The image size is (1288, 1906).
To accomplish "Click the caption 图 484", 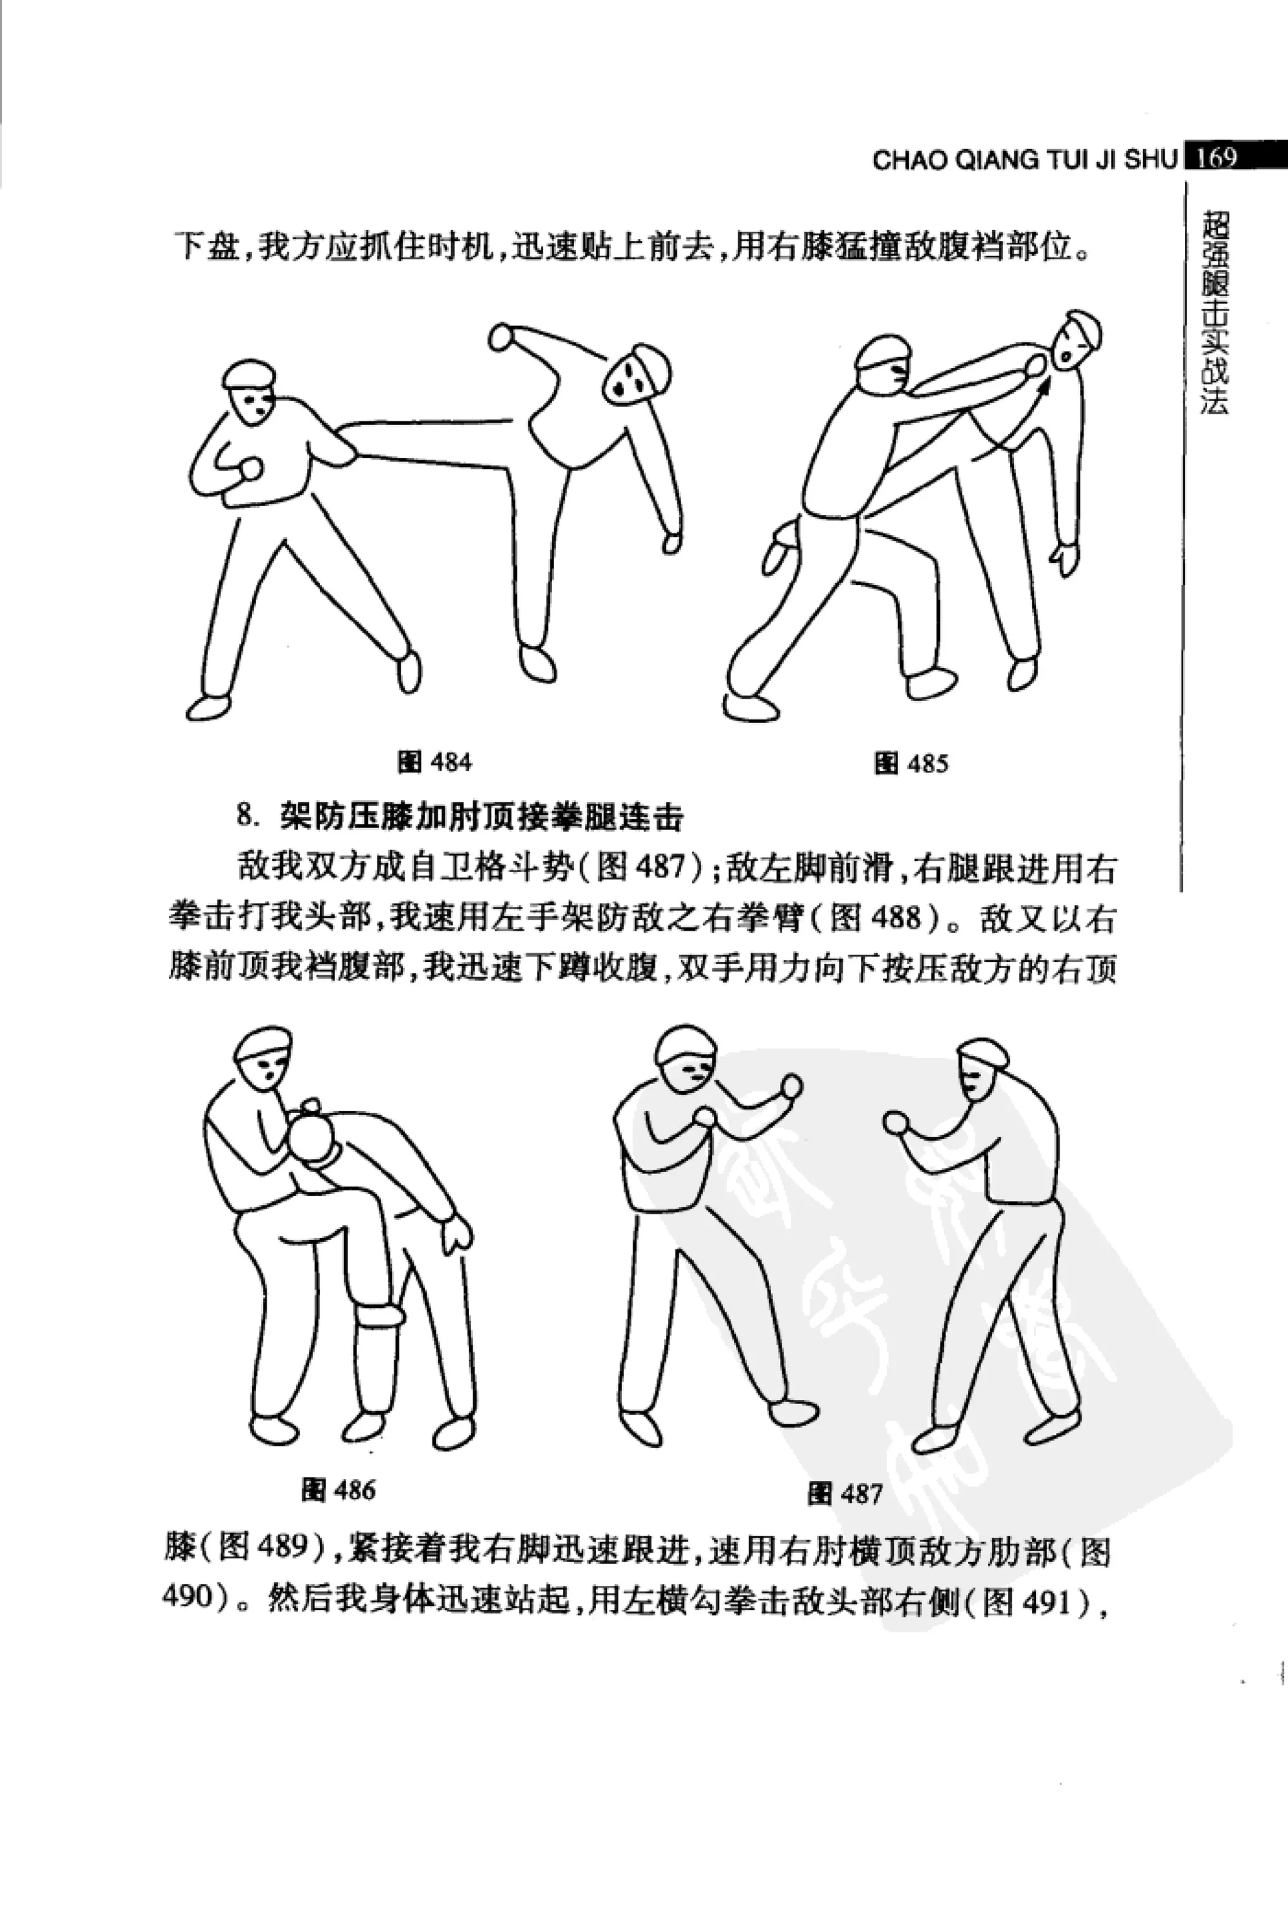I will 434,762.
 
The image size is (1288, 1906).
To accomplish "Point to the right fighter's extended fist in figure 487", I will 897,1124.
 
